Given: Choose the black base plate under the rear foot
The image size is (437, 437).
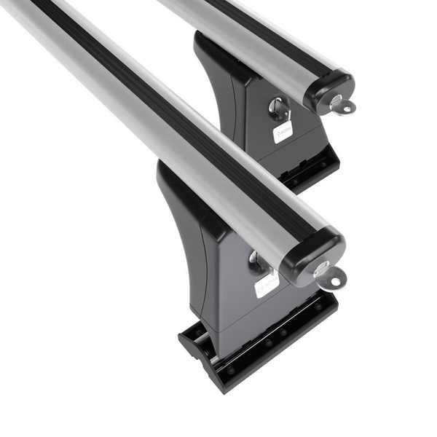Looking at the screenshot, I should coord(313,171).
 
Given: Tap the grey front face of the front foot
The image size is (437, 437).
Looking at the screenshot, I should coord(240,306).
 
